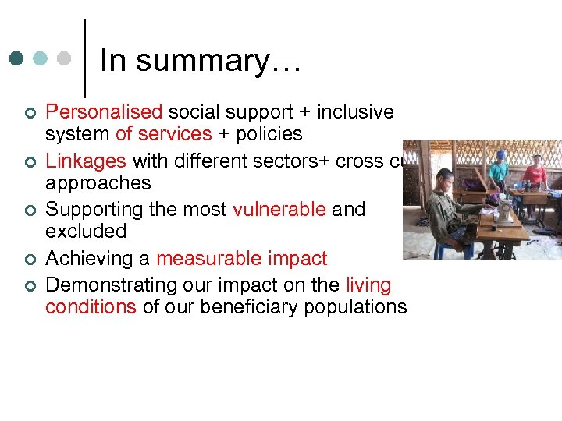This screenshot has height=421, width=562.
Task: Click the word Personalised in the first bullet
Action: click(x=103, y=112)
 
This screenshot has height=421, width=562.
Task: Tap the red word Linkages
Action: click(x=86, y=161)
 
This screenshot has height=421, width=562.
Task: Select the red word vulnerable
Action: click(x=279, y=210)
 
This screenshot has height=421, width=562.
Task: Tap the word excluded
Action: click(x=86, y=232)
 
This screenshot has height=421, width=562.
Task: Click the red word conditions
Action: click(x=91, y=307)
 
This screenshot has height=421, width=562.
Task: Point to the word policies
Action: click(x=268, y=134)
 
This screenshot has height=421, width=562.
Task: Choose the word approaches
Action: click(x=98, y=183)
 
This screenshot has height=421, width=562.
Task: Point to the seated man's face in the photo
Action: click(x=446, y=178)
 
